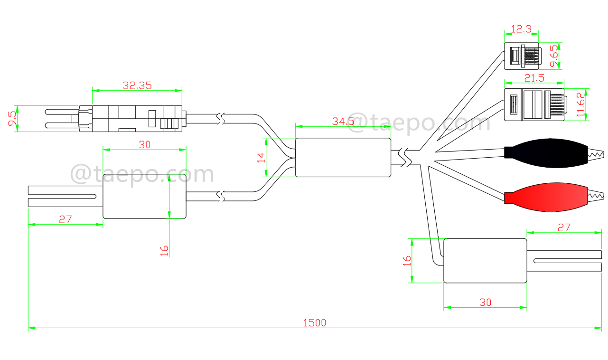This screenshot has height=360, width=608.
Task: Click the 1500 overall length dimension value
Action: pos(315,323)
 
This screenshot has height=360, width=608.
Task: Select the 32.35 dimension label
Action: pos(137,85)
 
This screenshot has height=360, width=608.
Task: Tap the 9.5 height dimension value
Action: pos(12,119)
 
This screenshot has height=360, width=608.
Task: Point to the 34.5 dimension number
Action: pos(343,121)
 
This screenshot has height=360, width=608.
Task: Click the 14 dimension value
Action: pos(261,157)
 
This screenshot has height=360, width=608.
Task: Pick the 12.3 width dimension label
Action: pos(521,29)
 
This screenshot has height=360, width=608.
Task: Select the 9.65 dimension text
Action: pos(553,56)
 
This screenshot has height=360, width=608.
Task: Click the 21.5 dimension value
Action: pos(533,78)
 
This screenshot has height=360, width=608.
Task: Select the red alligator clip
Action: pos(546,196)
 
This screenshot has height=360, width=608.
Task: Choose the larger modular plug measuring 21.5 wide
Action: pos(534,104)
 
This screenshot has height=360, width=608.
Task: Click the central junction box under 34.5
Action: pos(343,158)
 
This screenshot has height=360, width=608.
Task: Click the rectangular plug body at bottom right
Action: pos(485,261)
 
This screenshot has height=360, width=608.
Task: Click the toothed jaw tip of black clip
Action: pos(596,153)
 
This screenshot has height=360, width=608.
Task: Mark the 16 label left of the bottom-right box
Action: pos(406,260)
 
